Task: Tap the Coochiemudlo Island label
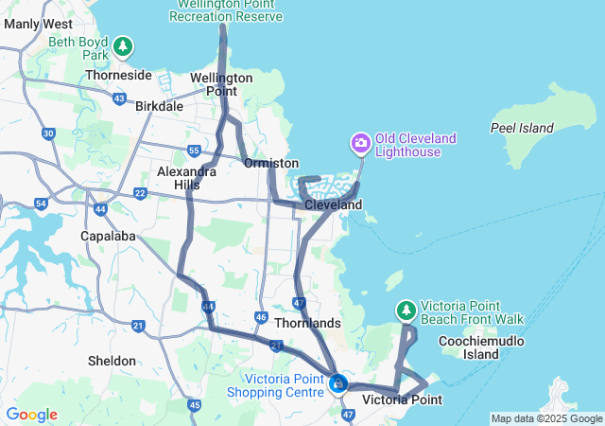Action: pos(494,346)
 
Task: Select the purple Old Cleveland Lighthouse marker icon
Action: pos(360,145)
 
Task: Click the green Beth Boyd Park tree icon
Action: pos(122,45)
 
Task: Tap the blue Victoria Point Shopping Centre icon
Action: pos(337,384)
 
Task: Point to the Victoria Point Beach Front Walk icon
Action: pos(406,311)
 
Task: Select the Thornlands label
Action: pos(306,323)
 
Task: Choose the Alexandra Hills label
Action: pos(179,178)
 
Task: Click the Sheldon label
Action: pos(112,361)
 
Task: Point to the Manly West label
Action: pos(38,23)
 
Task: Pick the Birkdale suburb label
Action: pos(159,106)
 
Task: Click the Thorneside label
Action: pos(118,75)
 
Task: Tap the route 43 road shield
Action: pos(119,98)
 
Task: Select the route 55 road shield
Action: pos(193,151)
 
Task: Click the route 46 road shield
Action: pos(261,317)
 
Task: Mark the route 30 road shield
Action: pos(48,133)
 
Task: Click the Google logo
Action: pos(31,415)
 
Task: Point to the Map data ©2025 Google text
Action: pos(545,418)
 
